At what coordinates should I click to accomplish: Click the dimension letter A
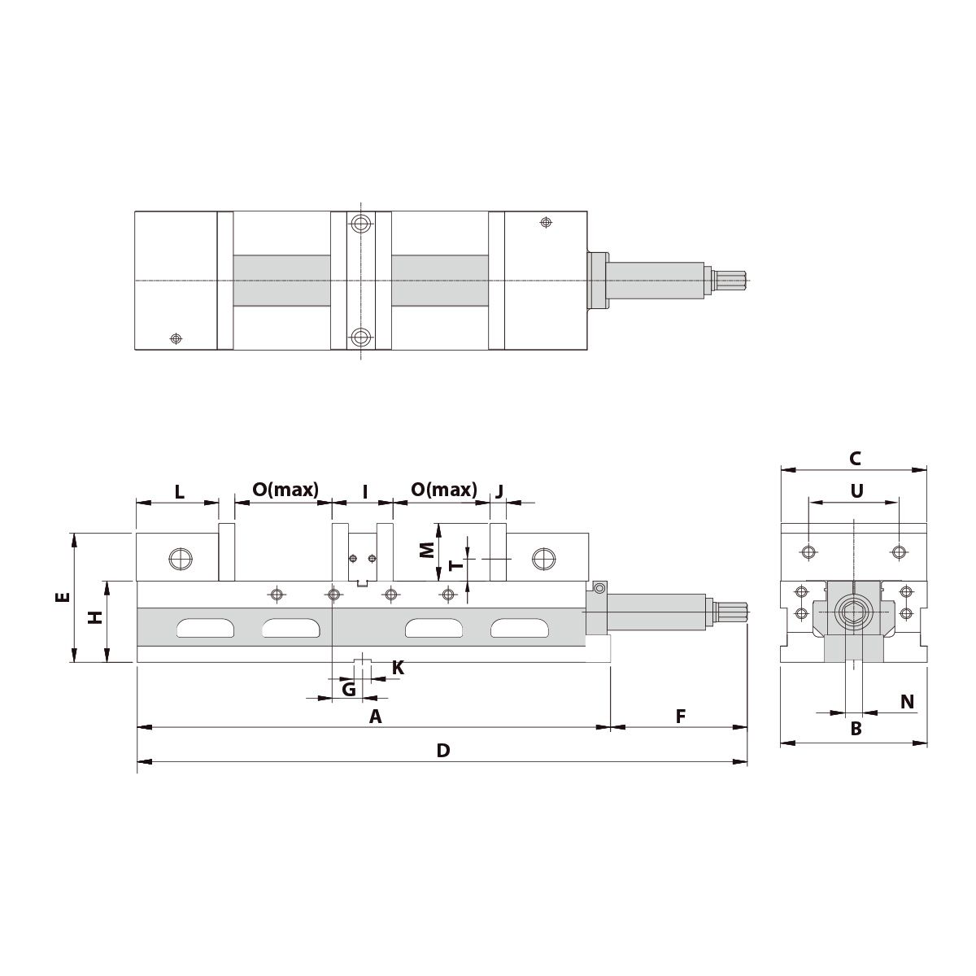(x=375, y=717)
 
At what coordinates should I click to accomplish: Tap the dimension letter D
(x=443, y=751)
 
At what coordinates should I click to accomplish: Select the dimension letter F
(x=681, y=717)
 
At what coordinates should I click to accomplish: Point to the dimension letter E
(x=63, y=597)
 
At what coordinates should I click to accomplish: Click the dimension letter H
(x=95, y=617)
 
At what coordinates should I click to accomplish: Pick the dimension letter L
(x=180, y=492)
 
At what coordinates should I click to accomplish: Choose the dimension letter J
(x=499, y=491)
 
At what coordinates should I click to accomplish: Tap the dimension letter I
(x=364, y=492)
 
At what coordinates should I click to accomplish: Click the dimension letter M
(x=428, y=550)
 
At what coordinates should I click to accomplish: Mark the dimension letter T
(x=456, y=564)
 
